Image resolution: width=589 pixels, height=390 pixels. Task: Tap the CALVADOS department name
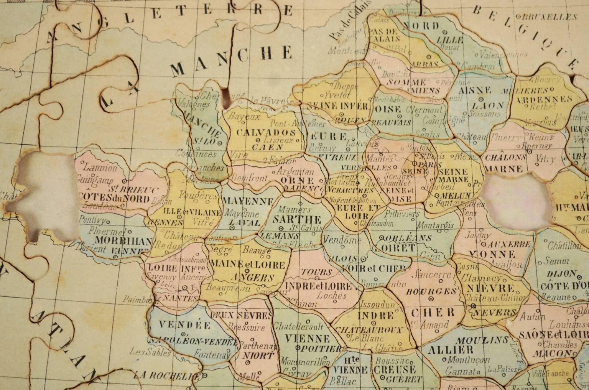tap(266, 133)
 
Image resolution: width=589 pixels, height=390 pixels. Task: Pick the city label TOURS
tap(316, 272)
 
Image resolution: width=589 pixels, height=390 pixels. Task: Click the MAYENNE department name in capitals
tap(248, 201)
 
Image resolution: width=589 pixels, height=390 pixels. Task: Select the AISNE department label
tap(475, 90)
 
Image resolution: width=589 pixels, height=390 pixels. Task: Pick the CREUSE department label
tap(395, 369)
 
